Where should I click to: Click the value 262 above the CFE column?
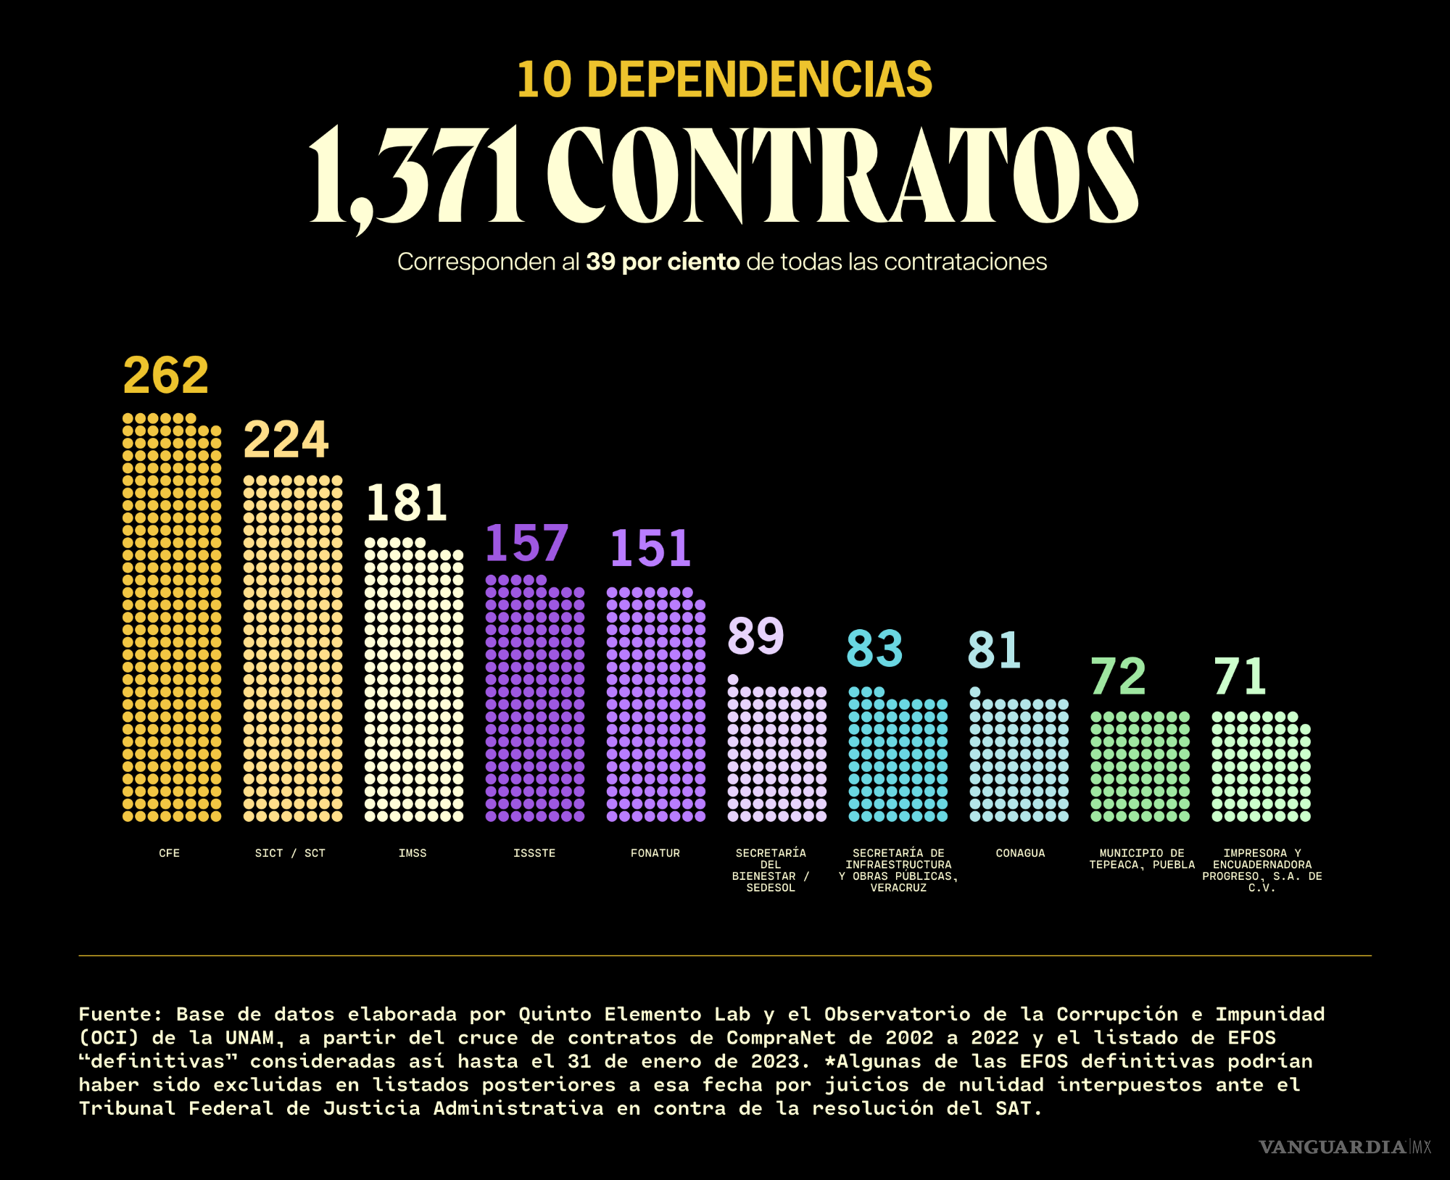pyautogui.click(x=166, y=375)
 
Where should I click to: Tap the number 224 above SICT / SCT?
pyautogui.click(x=286, y=439)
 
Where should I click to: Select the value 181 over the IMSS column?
pyautogui.click(x=406, y=502)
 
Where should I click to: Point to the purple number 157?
pyautogui.click(x=526, y=543)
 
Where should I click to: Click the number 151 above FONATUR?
pyautogui.click(x=650, y=548)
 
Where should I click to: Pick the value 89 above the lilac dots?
pyautogui.click(x=755, y=636)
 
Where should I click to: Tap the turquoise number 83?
pyautogui.click(x=874, y=648)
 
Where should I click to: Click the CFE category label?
pyautogui.click(x=169, y=853)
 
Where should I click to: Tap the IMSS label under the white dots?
pyautogui.click(x=413, y=853)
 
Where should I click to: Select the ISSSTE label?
pyautogui.click(x=534, y=853)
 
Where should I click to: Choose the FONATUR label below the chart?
pyautogui.click(x=655, y=853)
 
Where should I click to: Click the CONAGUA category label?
pyautogui.click(x=1020, y=853)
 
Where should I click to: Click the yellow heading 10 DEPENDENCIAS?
pyautogui.click(x=724, y=79)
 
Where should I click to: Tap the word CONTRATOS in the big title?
pyautogui.click(x=841, y=175)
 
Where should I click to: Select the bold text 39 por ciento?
pyautogui.click(x=663, y=262)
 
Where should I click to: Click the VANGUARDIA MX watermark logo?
pyautogui.click(x=1345, y=1147)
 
